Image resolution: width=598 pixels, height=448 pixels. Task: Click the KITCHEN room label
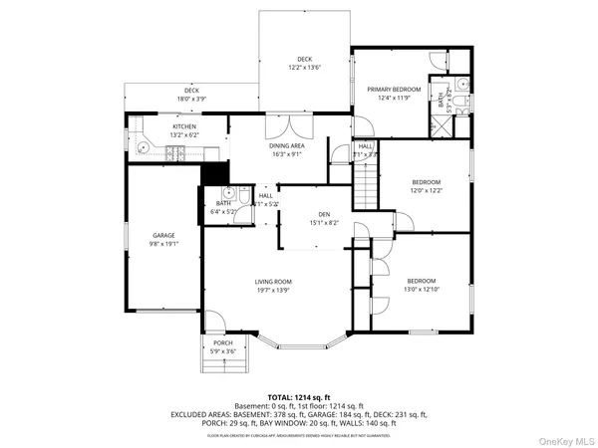click(184, 126)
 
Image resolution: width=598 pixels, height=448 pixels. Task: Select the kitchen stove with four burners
click(176, 152)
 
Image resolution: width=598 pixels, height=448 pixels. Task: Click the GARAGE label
click(163, 235)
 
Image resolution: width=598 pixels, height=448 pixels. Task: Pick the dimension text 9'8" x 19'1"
click(163, 244)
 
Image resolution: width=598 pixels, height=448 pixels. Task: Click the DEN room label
click(324, 214)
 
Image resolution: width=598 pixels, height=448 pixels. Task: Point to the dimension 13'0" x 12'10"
click(422, 291)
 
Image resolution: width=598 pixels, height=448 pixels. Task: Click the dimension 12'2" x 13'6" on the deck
click(304, 68)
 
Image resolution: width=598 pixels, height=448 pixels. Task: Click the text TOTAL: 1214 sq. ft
click(298, 396)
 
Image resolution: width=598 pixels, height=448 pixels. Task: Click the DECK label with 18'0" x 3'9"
click(191, 95)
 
